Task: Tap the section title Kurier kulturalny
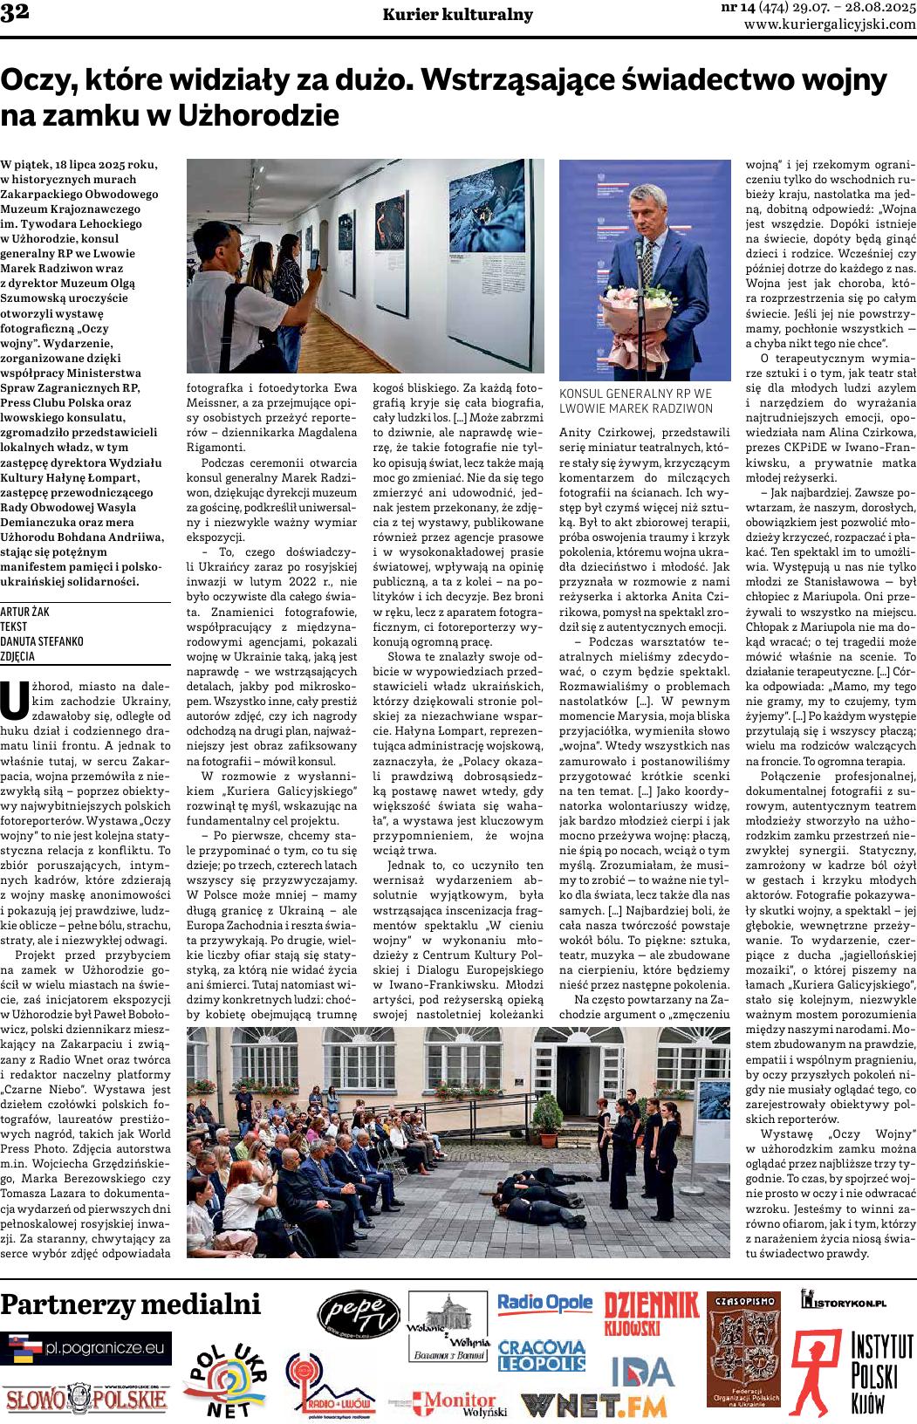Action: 458,15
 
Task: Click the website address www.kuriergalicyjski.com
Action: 830,25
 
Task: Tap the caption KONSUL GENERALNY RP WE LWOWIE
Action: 635,400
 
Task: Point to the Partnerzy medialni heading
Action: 131,1304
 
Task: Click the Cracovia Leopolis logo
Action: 542,1356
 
